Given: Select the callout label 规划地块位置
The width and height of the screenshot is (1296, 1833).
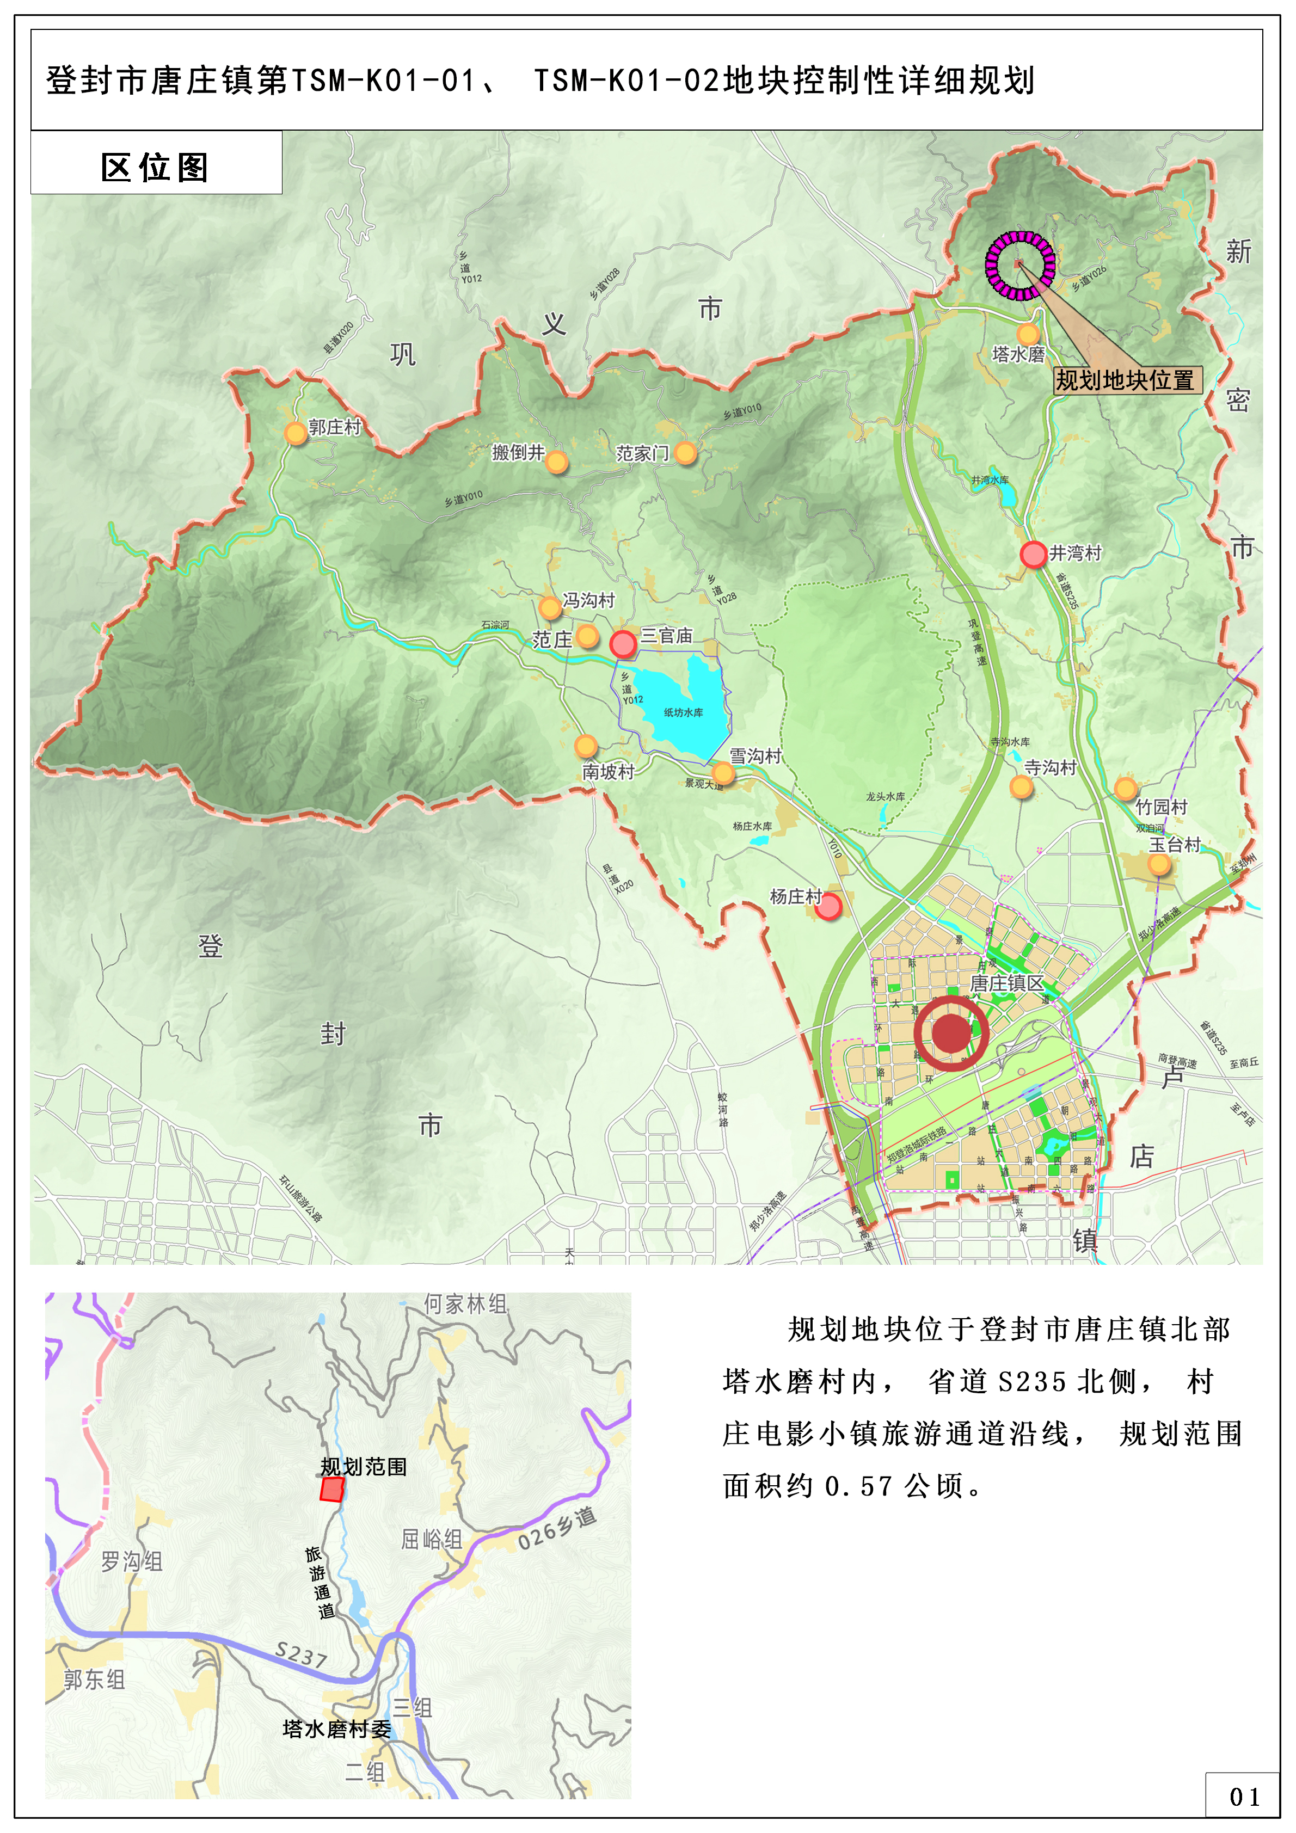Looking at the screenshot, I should pos(1127,379).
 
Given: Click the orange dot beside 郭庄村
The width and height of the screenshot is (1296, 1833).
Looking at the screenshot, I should pos(296,433).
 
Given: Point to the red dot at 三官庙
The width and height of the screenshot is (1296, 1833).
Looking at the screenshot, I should pos(623,643).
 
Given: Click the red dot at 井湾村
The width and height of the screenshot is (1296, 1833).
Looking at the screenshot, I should pos(1033,553).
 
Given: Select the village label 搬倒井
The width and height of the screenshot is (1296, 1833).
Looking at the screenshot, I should pos(518,453).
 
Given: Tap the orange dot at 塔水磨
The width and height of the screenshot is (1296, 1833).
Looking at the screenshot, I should pos(1029,334).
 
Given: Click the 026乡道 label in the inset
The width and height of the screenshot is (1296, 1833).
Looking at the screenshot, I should pos(557,1529).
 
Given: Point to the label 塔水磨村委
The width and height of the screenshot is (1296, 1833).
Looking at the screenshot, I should pos(337,1729).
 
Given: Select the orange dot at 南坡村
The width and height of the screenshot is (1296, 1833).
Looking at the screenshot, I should pos(586,746).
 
